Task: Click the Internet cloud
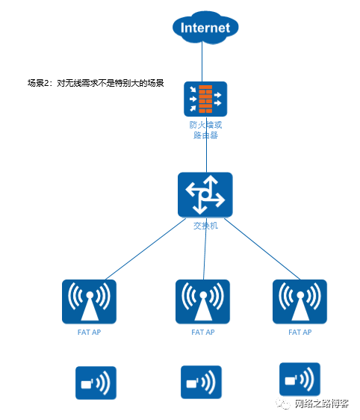205,28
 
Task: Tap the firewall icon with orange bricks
205,99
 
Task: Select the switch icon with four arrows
205,194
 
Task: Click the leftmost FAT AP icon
89,302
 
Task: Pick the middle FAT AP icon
202,302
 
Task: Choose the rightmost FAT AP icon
300,302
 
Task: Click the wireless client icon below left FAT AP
96,383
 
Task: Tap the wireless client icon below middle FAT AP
201,382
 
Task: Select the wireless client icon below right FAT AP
300,380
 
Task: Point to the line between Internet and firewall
202,62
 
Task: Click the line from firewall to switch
206,144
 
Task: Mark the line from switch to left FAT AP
146,249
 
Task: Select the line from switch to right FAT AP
262,249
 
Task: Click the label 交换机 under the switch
205,226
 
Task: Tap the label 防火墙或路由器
205,130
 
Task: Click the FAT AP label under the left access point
89,333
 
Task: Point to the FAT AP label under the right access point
300,333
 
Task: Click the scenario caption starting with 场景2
96,83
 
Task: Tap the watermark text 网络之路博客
322,404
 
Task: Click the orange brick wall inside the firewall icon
205,99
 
